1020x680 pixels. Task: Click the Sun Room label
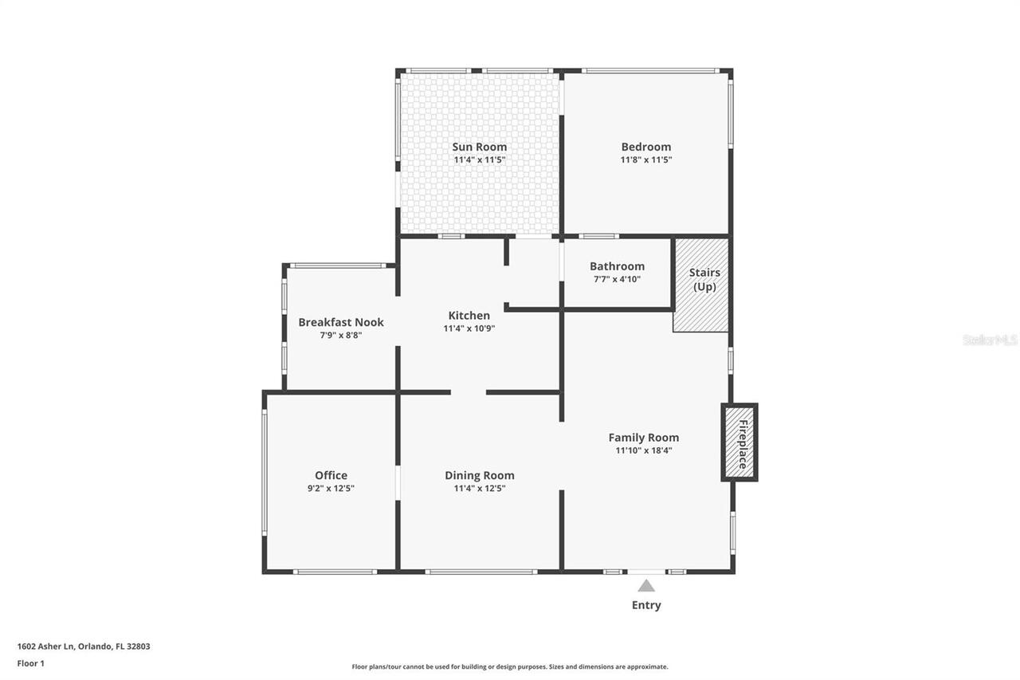point(479,147)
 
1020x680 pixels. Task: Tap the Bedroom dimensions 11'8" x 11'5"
point(645,160)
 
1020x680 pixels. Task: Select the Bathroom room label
point(617,266)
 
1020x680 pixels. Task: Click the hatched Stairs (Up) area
point(700,285)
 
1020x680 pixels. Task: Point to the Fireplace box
point(739,442)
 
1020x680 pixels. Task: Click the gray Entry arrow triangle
point(646,586)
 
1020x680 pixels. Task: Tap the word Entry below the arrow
point(646,605)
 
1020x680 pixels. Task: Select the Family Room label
point(643,438)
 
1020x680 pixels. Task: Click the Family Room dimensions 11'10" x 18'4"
point(643,450)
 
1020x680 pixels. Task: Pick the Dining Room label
point(480,475)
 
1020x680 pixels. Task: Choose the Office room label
point(331,475)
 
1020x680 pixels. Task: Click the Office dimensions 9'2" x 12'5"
point(331,488)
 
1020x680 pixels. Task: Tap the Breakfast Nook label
point(341,323)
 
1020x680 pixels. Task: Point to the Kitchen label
point(469,316)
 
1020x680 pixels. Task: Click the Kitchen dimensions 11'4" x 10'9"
point(469,328)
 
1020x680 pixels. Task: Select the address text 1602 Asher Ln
point(45,647)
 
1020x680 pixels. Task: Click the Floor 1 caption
point(31,663)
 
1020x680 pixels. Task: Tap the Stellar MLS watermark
point(990,340)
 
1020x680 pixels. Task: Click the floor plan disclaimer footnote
point(510,666)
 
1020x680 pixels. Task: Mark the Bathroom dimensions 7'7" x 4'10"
point(617,279)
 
